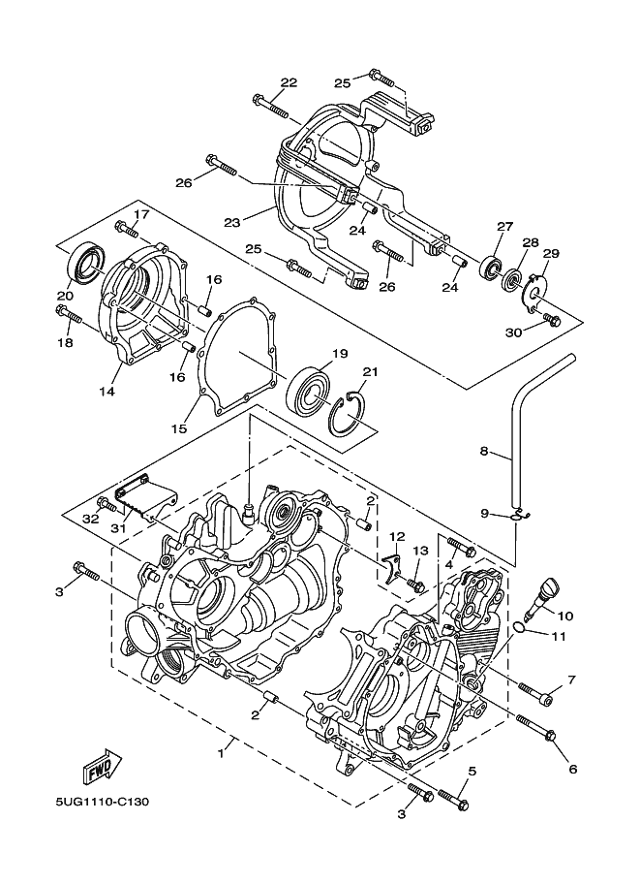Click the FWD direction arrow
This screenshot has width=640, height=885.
[x=102, y=766]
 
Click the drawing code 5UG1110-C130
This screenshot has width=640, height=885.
[x=102, y=801]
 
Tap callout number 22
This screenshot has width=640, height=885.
[x=289, y=83]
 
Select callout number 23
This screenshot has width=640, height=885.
[x=231, y=222]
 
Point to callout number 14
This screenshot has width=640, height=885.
[x=107, y=391]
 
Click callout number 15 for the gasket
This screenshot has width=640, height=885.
[x=179, y=428]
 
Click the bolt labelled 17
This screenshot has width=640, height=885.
[x=127, y=229]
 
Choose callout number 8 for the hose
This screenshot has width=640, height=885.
[x=483, y=451]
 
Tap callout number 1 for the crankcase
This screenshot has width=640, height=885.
[x=221, y=754]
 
